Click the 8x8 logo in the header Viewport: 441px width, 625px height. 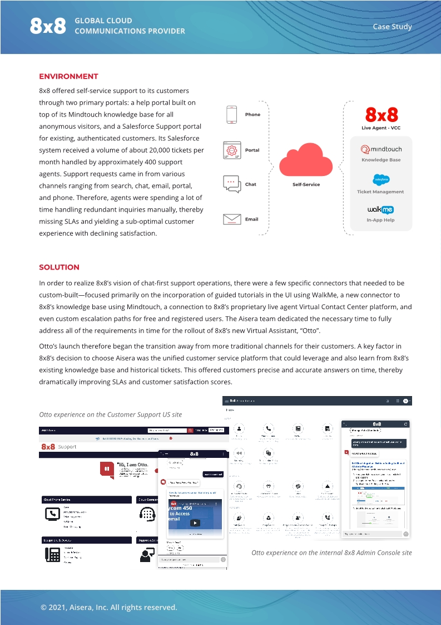coord(48,26)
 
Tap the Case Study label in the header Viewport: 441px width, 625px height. coord(392,27)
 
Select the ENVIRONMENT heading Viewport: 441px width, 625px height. coord(68,76)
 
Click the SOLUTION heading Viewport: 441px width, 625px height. coord(59,267)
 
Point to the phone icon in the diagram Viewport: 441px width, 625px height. coord(232,114)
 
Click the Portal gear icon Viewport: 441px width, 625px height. coord(232,150)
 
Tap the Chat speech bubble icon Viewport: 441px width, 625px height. coord(231,184)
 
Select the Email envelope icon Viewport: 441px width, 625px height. coord(232,219)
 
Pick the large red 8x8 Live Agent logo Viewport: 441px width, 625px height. coord(381,115)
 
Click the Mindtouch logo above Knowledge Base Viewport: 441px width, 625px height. coord(381,149)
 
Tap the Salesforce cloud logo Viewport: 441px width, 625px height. coord(381,179)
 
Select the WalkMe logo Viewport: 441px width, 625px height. coord(381,210)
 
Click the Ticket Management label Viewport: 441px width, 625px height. coord(381,192)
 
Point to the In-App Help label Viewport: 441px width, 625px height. coord(381,221)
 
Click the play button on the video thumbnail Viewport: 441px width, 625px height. coord(195,523)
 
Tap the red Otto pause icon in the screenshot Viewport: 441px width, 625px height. coord(107,469)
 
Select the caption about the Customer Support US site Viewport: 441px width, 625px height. coord(110,414)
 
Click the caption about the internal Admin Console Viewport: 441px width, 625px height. coord(331,553)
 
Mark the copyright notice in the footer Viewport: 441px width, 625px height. coord(108,607)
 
